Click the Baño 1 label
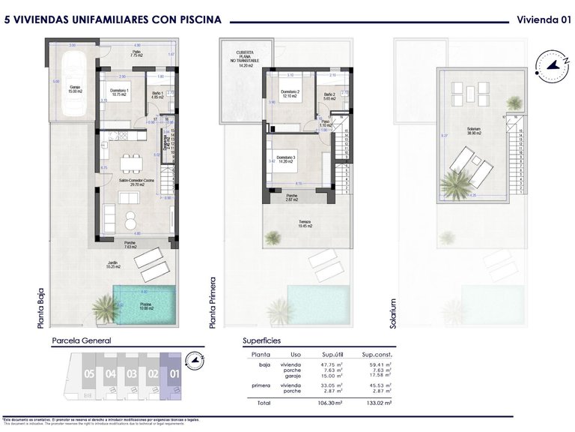pyautogui.click(x=156, y=94)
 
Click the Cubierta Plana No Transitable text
pyautogui.click(x=243, y=56)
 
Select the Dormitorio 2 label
pyautogui.click(x=290, y=94)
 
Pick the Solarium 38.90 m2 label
pyautogui.click(x=473, y=130)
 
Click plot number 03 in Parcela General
pyautogui.click(x=132, y=373)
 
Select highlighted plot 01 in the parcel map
pyautogui.click(x=174, y=372)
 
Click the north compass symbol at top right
pyautogui.click(x=553, y=65)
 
